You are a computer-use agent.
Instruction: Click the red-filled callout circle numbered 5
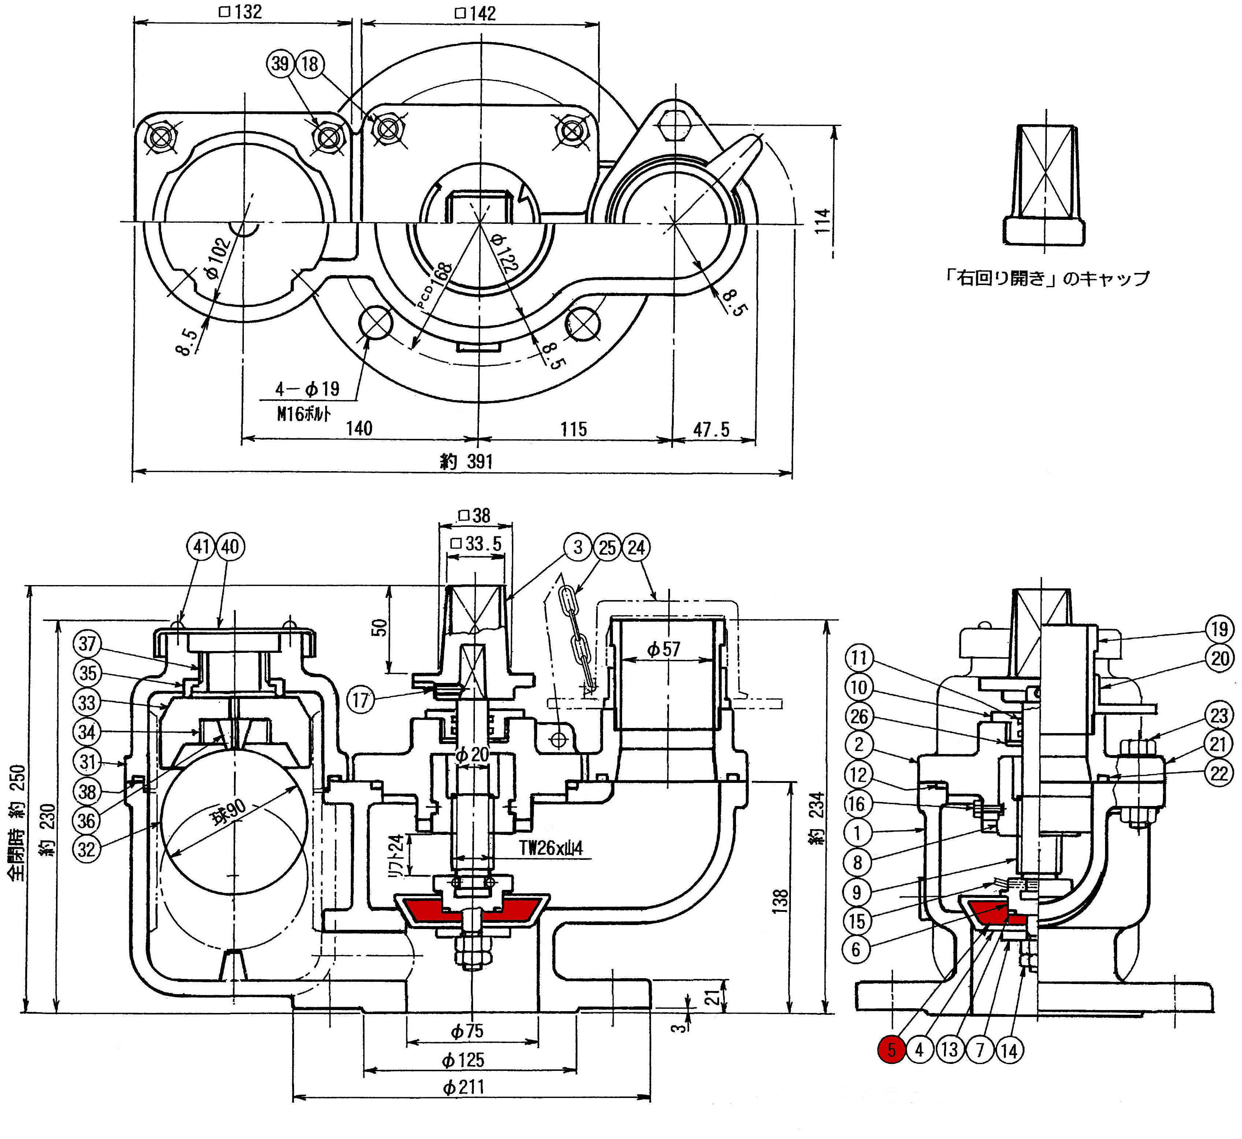891,1050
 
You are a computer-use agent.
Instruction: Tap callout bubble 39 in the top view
280,63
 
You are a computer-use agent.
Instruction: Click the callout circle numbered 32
87,849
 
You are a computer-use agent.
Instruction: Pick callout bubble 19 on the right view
1220,629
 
